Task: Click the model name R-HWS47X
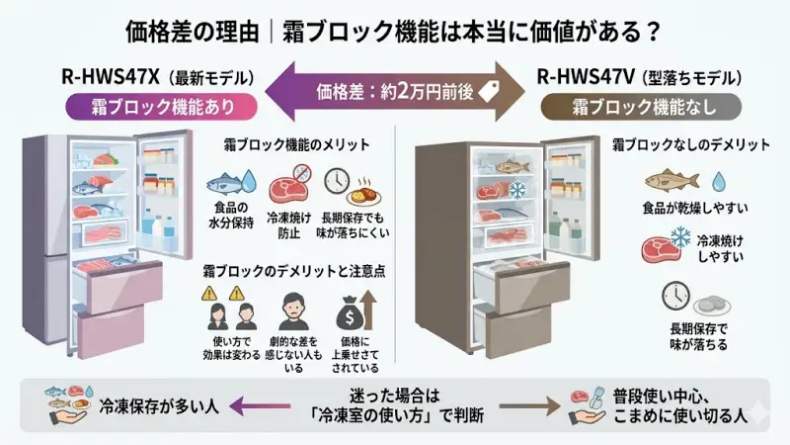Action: pos(112,76)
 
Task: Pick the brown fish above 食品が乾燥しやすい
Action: pos(671,182)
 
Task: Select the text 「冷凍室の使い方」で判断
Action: pos(396,414)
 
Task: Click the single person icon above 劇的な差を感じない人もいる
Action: pos(293,313)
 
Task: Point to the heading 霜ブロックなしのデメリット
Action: pos(691,144)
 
